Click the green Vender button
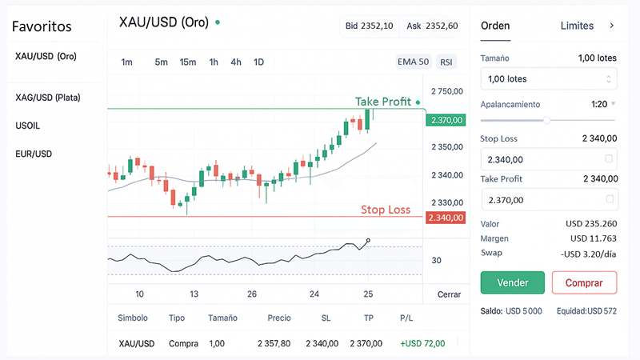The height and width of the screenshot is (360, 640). (512, 282)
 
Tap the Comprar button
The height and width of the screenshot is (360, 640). (584, 282)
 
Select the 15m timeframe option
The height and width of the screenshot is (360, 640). (188, 62)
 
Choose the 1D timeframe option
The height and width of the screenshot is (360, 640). (258, 62)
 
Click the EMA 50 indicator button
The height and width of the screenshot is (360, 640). (413, 62)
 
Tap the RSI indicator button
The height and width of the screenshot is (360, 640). (446, 62)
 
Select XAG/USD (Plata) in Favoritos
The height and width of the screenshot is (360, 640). (48, 98)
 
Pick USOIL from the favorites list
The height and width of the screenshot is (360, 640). (28, 126)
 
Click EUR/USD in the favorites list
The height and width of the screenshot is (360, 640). (34, 154)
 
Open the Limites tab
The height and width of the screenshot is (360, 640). (577, 26)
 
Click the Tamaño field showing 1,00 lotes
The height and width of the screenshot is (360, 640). (548, 78)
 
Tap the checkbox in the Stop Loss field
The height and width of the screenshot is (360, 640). (610, 159)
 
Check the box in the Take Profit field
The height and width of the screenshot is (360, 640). (610, 199)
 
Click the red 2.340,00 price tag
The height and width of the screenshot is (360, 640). (446, 218)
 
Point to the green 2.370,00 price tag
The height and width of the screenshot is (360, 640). (446, 120)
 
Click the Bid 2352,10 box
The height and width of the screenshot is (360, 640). (369, 26)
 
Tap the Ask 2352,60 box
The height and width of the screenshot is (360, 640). (431, 26)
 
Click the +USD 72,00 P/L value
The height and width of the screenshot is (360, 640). (422, 343)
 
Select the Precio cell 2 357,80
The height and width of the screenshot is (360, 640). (274, 343)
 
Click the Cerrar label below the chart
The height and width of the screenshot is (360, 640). (449, 294)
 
